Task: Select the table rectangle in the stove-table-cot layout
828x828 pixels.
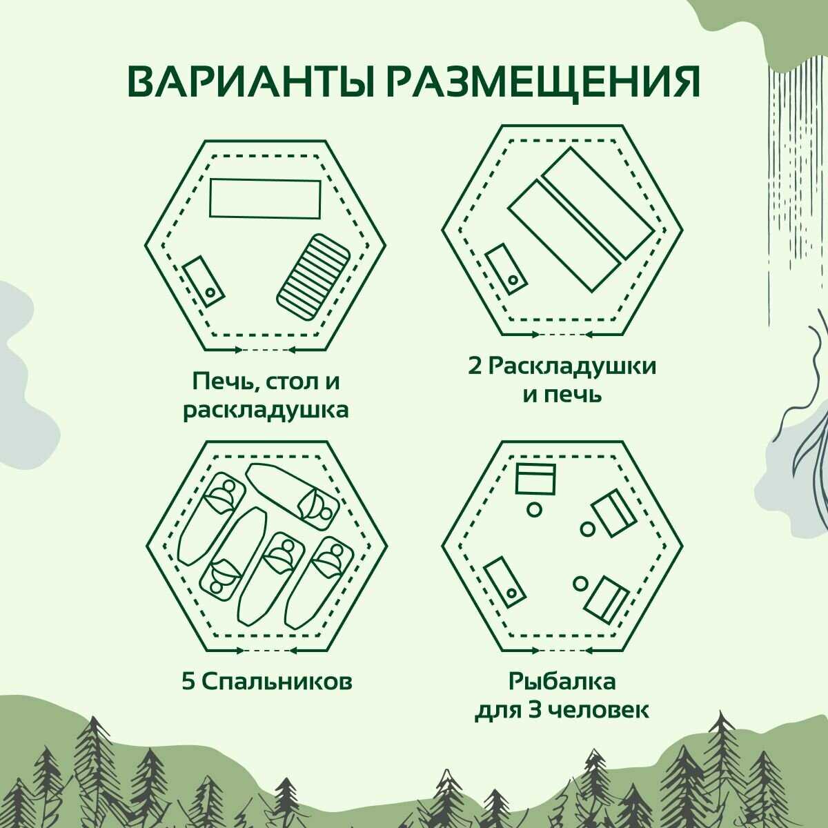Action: [265, 199]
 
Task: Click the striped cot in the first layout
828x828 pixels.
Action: [313, 277]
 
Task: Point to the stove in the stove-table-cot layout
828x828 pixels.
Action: [204, 281]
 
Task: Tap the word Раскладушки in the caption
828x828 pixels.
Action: [573, 368]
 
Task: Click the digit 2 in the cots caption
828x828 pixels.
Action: [475, 367]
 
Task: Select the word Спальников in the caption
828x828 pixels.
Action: [277, 682]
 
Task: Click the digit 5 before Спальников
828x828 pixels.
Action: [188, 681]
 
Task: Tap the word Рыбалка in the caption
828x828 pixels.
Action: [562, 682]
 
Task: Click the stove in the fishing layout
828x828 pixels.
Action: [505, 582]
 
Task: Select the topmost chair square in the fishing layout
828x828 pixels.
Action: [535, 479]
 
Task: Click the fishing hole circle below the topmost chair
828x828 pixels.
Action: [534, 510]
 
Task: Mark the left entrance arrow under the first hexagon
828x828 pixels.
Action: [219, 351]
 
